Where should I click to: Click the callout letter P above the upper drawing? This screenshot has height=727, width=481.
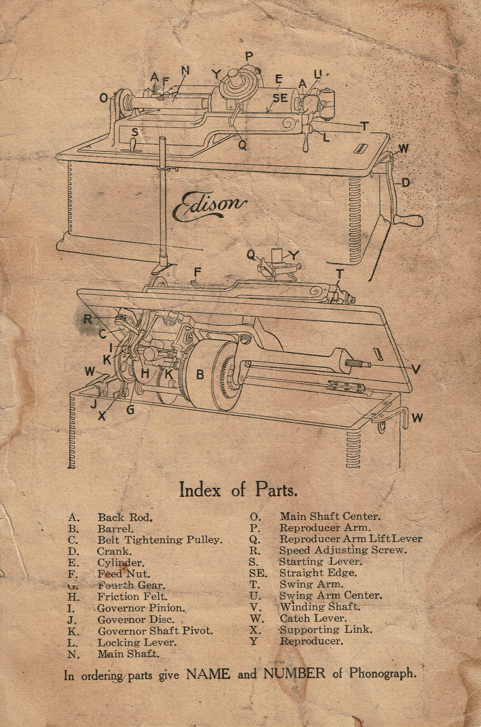pos(249,56)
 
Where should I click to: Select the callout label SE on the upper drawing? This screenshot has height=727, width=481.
pos(280,98)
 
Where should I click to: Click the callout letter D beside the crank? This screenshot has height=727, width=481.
pos(406,183)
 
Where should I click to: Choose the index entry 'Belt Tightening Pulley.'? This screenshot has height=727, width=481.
pos(160,540)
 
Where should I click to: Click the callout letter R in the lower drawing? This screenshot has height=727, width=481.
pos(88,319)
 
